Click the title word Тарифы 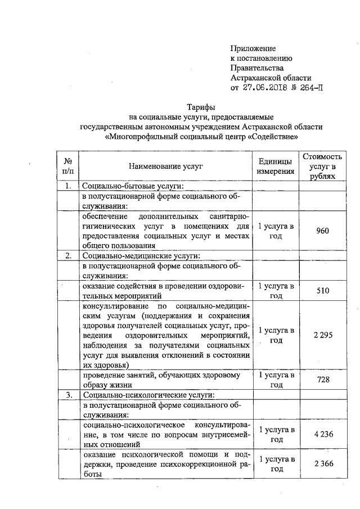pos(201,107)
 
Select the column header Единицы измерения pos(276,166)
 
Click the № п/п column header pos(68,166)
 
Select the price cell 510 pos(323,291)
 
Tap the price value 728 pos(323,380)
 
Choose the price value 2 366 pos(323,463)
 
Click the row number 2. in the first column pos(68,256)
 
